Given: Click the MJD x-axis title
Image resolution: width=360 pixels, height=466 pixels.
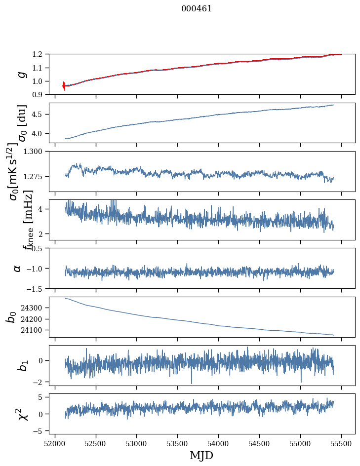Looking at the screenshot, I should coord(201,456).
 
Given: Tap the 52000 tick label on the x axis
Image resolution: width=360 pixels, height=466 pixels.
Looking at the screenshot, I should coord(55,443).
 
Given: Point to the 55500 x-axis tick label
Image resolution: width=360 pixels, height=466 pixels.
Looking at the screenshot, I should coord(341,443).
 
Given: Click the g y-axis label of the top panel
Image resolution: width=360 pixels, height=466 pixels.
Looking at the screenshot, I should coord(20,74).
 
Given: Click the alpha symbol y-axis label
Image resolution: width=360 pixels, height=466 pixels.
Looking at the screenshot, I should coord(18,268).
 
